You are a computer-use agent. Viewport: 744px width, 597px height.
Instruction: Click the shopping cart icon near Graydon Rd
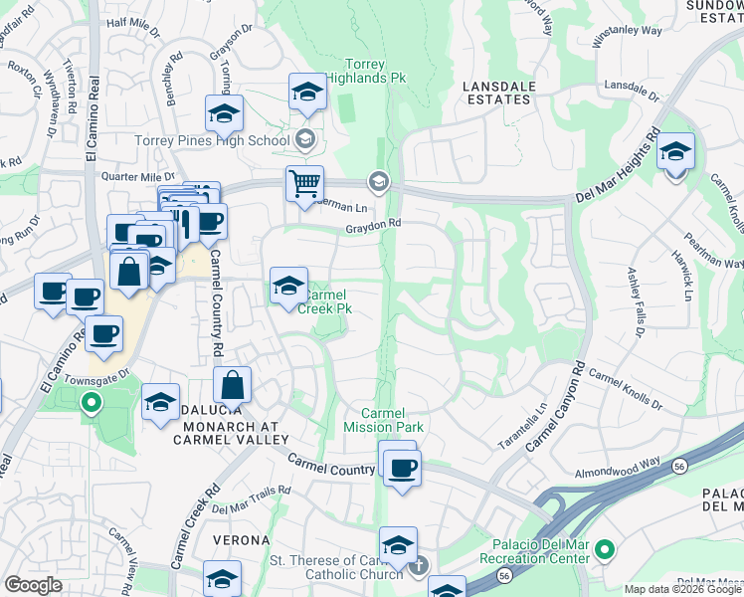click(x=304, y=183)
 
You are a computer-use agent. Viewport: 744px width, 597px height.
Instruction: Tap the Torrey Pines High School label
click(x=212, y=140)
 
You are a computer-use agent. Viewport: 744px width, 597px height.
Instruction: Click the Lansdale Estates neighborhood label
click(x=497, y=93)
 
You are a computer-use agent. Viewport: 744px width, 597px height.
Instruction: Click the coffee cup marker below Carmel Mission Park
click(x=402, y=468)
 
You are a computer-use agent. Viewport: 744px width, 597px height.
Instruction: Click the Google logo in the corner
click(x=33, y=585)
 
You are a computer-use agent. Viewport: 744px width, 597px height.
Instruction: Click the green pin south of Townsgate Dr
click(x=91, y=404)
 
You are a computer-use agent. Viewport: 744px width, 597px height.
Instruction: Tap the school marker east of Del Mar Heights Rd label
click(x=675, y=153)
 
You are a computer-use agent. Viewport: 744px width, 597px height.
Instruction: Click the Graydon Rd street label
click(x=373, y=225)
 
